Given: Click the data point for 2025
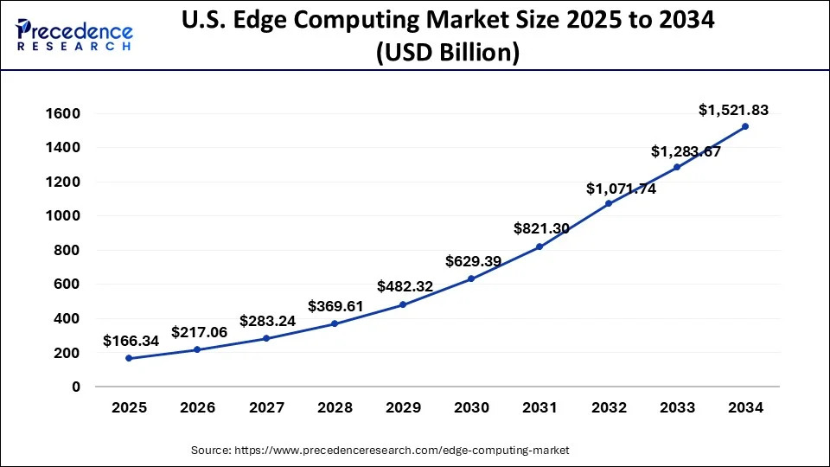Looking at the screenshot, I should click(129, 358).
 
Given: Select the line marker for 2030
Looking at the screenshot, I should click(471, 278).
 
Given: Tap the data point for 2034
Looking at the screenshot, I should click(745, 126).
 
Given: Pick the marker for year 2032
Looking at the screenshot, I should click(608, 203).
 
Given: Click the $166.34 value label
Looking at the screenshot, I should click(131, 341).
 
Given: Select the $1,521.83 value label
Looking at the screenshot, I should click(733, 110).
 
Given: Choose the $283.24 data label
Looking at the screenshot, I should click(268, 321).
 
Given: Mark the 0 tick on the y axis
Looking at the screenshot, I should click(76, 387).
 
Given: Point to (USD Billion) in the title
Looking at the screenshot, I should click(448, 53).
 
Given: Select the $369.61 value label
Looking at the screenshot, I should click(336, 306).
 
